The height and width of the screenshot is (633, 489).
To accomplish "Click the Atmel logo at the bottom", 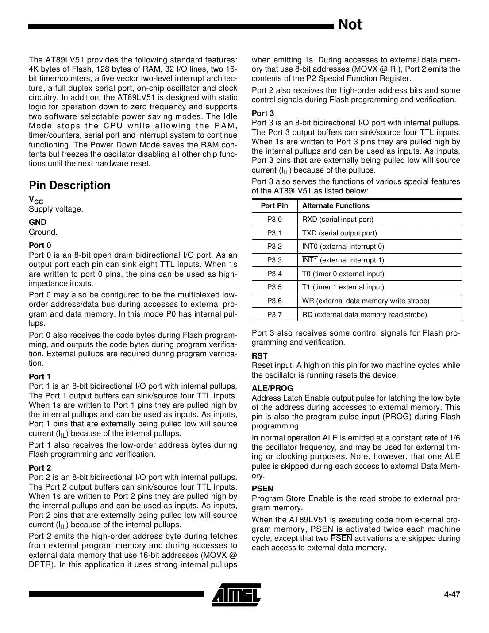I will click(236, 594).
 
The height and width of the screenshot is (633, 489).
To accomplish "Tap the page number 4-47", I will click(452, 594).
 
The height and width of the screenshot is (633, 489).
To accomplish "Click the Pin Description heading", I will click(69, 185).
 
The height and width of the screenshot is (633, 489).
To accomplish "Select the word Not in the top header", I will click(349, 25).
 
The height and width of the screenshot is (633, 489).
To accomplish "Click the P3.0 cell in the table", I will click(274, 220).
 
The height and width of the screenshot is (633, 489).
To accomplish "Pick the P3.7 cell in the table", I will click(274, 315).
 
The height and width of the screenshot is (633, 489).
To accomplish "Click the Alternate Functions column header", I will click(335, 206).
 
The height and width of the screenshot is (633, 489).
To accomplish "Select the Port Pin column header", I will click(274, 206).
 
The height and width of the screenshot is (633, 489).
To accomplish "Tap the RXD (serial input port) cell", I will click(337, 220).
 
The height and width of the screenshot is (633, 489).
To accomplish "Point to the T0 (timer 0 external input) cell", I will click(343, 274).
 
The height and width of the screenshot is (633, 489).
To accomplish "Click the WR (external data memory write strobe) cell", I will click(366, 301).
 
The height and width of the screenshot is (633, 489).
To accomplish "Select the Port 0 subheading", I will click(40, 245).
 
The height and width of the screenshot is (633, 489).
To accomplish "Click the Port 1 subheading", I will click(40, 377).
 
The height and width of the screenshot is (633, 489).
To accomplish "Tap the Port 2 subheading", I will click(40, 468).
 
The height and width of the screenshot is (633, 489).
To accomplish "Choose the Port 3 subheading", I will click(263, 113).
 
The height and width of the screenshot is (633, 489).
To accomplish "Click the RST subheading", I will click(259, 356).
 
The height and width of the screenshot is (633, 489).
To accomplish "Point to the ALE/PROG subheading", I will click(272, 388).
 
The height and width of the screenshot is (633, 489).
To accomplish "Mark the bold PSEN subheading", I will click(262, 489).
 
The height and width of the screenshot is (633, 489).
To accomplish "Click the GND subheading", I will click(38, 222).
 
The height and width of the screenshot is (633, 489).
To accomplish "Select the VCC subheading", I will click(36, 200).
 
